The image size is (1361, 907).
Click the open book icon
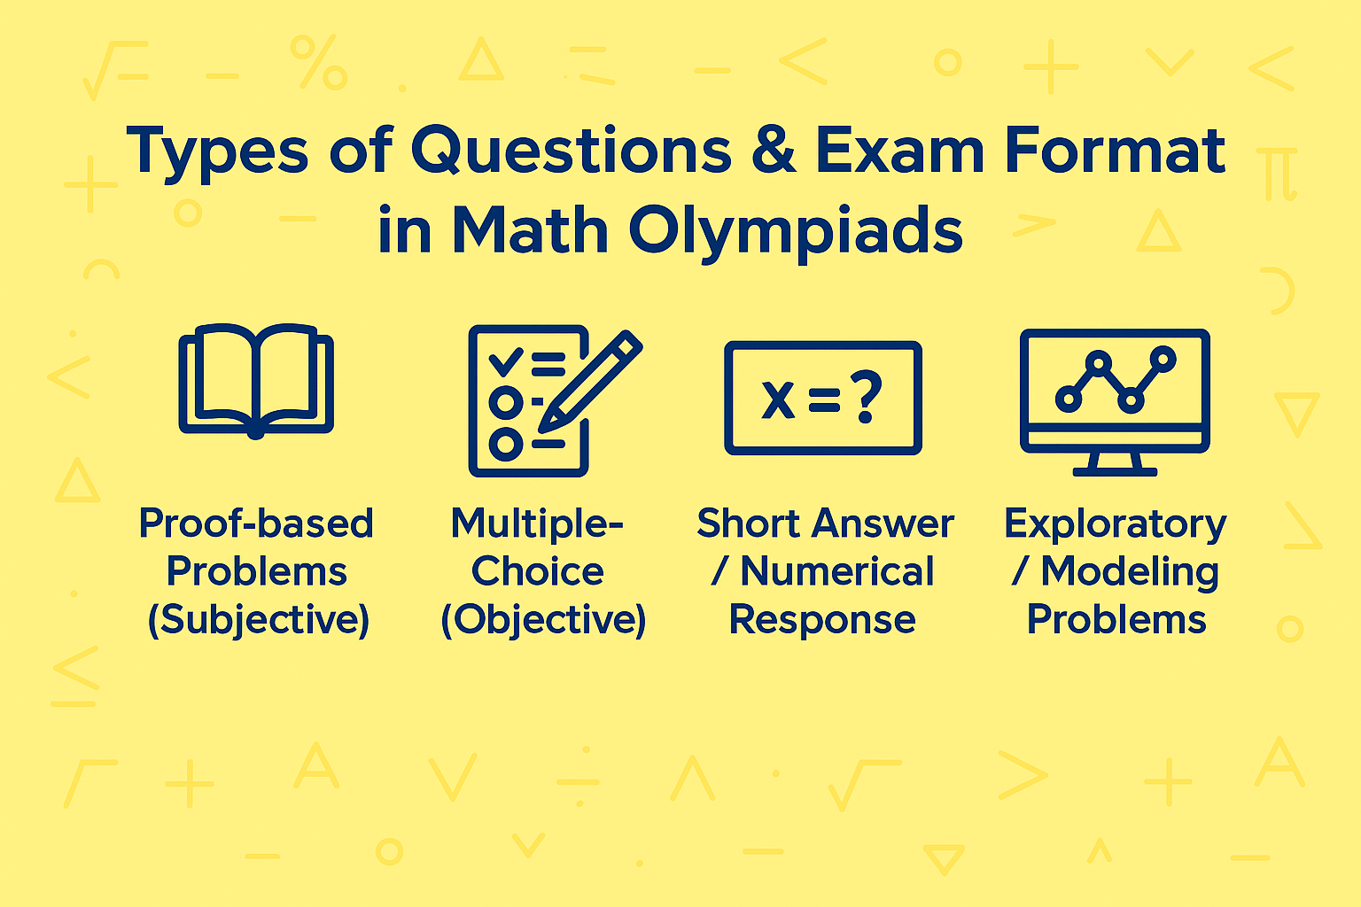(x=256, y=382)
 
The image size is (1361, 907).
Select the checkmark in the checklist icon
(x=506, y=360)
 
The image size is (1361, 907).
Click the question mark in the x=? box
(x=866, y=397)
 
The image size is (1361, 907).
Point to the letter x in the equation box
(x=779, y=399)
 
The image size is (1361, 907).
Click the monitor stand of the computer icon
(x=1115, y=463)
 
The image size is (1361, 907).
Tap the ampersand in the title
(x=774, y=151)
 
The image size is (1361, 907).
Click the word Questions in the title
(x=571, y=151)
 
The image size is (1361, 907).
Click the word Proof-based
(x=256, y=523)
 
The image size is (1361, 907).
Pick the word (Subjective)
(x=258, y=620)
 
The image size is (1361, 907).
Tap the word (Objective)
(x=543, y=620)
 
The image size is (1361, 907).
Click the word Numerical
(x=836, y=572)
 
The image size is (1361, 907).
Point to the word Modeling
(x=1130, y=572)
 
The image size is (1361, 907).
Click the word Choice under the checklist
(x=537, y=572)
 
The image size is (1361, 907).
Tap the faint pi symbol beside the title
(x=1279, y=174)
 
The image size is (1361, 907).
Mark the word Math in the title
(x=529, y=232)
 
